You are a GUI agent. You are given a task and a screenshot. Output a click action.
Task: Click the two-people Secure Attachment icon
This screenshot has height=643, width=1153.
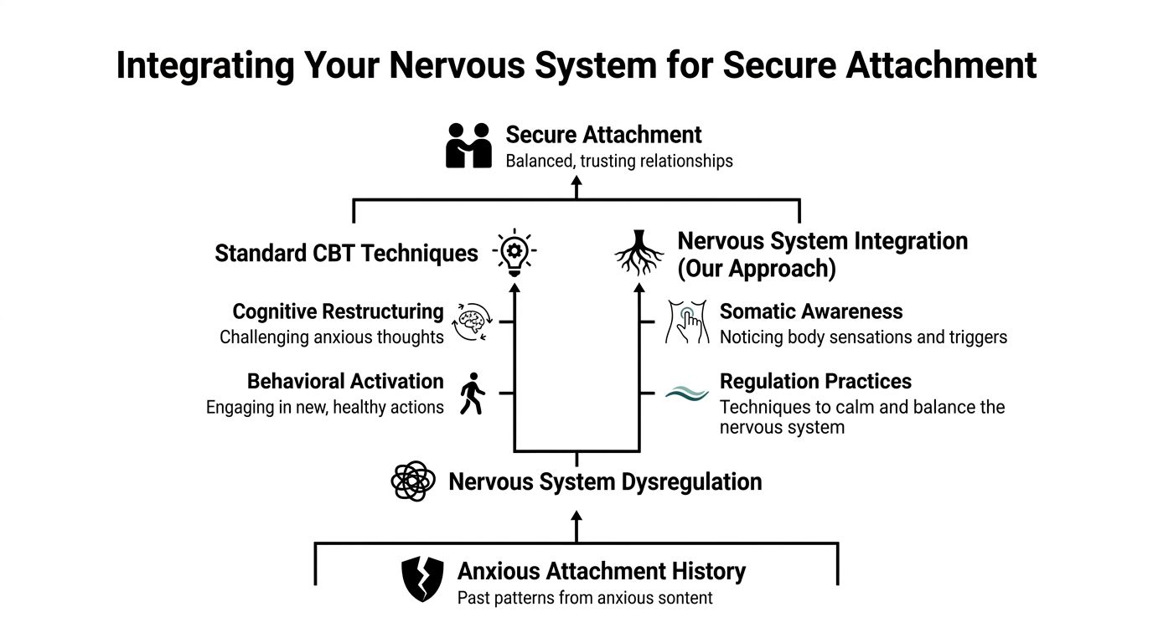coord(468,146)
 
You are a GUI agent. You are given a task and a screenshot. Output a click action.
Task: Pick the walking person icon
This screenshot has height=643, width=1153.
coord(472,394)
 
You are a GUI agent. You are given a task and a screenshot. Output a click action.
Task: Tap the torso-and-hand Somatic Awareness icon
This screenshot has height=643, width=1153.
coord(686,322)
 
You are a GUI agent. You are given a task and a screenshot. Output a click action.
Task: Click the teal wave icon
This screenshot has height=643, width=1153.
coord(686,392)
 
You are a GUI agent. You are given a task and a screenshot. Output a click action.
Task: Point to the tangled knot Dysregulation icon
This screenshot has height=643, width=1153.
coord(413,481)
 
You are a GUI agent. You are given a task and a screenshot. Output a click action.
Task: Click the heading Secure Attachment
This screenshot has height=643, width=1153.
coord(603,135)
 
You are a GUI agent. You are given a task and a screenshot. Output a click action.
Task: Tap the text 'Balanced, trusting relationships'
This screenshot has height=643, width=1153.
coord(618,161)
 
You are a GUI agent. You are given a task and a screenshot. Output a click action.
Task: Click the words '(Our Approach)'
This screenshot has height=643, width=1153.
coord(756,269)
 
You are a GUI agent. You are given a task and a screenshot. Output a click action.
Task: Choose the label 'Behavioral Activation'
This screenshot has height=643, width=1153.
coord(344,382)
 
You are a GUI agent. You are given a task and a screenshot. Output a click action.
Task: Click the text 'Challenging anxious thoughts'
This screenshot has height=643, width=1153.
coord(331,337)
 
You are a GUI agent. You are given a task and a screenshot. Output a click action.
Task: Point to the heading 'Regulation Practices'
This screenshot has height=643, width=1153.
coord(815,382)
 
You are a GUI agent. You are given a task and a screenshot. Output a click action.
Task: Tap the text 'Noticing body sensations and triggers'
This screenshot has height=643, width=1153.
coord(863,337)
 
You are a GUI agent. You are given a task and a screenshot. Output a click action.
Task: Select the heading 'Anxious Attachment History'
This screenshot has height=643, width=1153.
coord(601,572)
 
